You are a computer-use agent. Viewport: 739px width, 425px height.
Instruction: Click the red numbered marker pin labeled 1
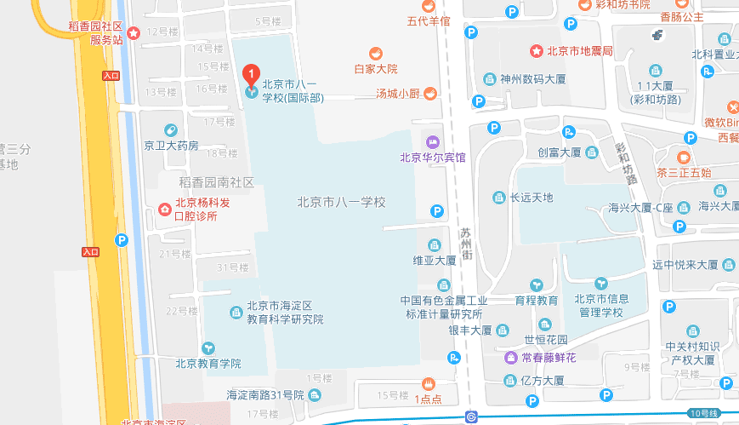tap(251, 74)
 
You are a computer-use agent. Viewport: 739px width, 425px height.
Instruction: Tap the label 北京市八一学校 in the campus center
tap(341, 203)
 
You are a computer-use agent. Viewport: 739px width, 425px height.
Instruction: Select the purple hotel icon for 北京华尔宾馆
tap(433, 141)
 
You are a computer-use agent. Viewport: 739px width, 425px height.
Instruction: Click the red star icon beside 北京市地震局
tap(536, 51)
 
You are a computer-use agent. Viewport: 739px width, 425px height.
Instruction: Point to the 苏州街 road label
tap(465, 244)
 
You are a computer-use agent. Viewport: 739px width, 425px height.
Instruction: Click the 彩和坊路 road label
tap(626, 163)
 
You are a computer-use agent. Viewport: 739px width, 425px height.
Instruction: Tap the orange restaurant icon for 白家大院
tap(375, 53)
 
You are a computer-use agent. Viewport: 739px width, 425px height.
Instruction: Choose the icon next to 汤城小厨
tap(431, 93)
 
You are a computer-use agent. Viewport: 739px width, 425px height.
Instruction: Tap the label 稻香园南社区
tap(216, 182)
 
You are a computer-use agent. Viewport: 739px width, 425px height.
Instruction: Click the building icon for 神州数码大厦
tap(489, 79)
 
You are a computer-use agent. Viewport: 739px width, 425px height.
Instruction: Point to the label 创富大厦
tap(559, 152)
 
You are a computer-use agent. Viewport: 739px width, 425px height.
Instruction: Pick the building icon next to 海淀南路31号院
tap(315, 394)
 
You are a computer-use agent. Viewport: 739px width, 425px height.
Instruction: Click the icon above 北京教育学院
tap(208, 347)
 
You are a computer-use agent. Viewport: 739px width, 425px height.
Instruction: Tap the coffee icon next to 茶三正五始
tap(684, 157)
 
